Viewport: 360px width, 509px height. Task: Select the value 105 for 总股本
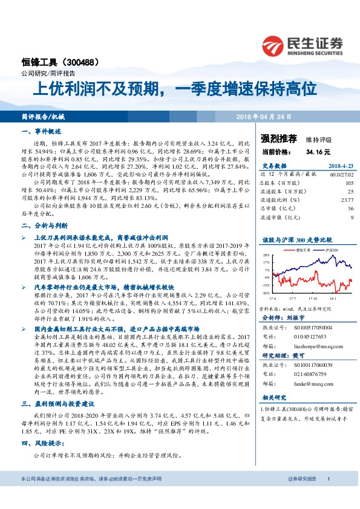[x=349, y=183]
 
